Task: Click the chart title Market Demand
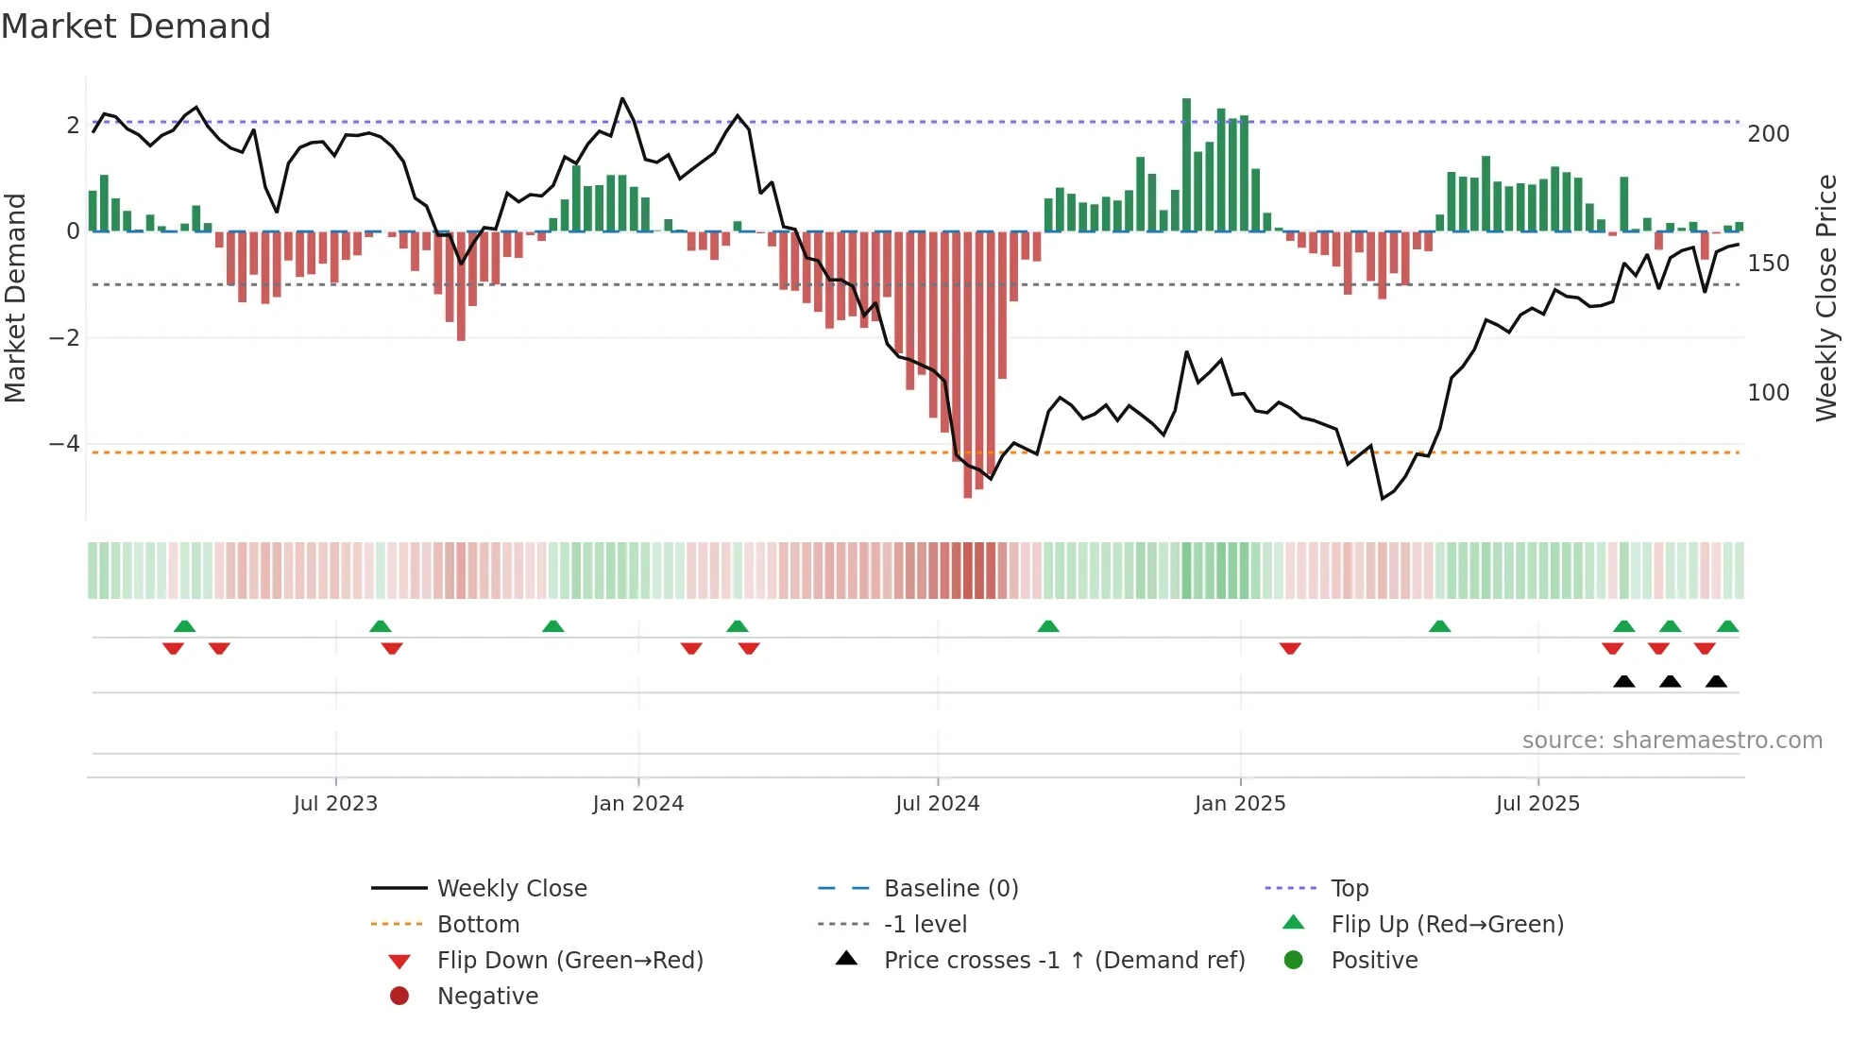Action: (136, 26)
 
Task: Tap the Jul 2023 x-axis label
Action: (335, 804)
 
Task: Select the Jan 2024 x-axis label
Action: (637, 804)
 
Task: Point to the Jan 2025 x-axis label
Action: (1239, 804)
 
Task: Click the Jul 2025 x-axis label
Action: (1537, 804)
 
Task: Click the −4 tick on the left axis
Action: (64, 444)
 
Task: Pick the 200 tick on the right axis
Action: (1768, 134)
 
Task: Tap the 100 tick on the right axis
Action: (1768, 393)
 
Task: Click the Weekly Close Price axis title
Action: (1826, 298)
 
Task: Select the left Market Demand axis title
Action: (15, 298)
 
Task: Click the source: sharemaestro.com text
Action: (1672, 741)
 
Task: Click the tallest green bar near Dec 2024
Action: (1186, 165)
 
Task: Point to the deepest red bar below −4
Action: (967, 365)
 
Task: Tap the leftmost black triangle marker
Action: (1623, 682)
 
